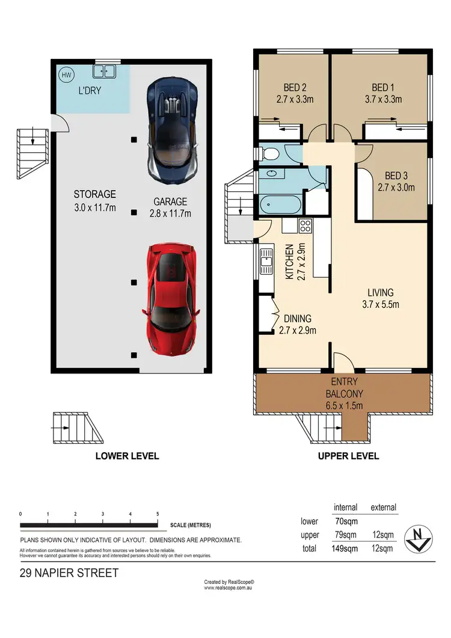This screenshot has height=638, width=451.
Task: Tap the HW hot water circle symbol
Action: point(65,75)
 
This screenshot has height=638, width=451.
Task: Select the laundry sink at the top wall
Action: point(104,72)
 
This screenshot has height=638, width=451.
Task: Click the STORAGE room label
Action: point(94,194)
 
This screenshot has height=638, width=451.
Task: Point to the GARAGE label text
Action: point(170,202)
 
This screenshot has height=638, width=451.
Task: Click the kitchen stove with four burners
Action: point(304,226)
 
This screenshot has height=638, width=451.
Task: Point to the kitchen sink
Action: point(265,262)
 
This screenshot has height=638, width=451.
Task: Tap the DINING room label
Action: point(297,319)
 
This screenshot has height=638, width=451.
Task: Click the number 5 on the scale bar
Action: point(158,514)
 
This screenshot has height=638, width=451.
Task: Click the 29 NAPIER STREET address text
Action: point(69,573)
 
